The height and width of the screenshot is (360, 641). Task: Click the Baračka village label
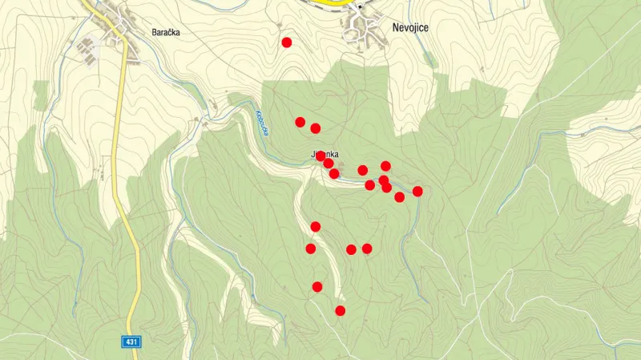[165, 33]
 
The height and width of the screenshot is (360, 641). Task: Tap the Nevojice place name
[411, 27]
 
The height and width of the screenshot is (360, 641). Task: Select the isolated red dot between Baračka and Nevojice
[287, 42]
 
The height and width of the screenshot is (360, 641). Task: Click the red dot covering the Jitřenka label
[321, 156]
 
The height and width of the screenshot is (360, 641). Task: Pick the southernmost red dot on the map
[341, 310]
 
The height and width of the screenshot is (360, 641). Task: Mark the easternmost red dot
[417, 191]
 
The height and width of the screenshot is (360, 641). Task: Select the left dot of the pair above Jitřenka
[300, 122]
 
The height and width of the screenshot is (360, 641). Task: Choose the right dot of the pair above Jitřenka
[316, 128]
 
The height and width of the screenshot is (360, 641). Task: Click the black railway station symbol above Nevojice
[360, 6]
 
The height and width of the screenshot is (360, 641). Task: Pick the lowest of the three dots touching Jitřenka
[334, 173]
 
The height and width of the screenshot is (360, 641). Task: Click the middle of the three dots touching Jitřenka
[329, 164]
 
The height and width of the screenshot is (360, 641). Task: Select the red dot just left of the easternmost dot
[399, 197]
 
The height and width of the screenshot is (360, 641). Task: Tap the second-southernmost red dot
[317, 286]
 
